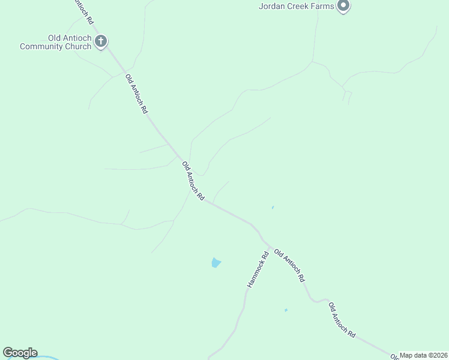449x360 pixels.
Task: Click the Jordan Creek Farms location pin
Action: coord(343,6)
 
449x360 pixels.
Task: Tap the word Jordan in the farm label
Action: coord(271,7)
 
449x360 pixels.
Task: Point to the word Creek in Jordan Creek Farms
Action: coord(297,7)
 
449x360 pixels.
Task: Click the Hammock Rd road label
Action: coord(256,272)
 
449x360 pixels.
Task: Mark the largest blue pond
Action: coord(216,262)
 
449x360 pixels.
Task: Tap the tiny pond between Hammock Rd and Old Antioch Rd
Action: coord(286,310)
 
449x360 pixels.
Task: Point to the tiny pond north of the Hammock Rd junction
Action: coord(273,208)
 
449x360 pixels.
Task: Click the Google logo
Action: coord(20,353)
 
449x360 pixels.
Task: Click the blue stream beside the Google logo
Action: coord(48,358)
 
